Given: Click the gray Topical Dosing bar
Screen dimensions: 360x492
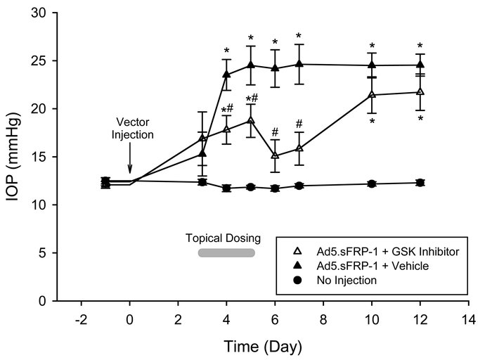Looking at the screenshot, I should (x=226, y=253).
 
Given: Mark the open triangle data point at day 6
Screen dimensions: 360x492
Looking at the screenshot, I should (x=275, y=155).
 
